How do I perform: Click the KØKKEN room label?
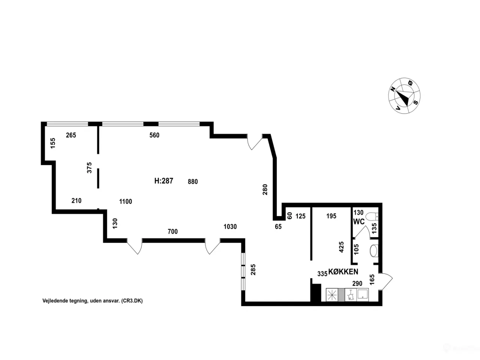(x=343, y=272)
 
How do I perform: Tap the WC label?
(x=359, y=222)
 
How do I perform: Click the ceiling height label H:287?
(x=163, y=181)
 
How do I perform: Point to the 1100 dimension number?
(x=126, y=201)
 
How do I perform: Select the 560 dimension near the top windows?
(x=154, y=135)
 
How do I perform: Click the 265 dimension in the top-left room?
(x=71, y=135)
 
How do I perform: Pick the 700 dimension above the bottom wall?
(x=172, y=231)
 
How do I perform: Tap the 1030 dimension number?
(x=230, y=226)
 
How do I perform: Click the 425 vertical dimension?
(x=341, y=247)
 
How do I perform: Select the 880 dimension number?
(x=193, y=181)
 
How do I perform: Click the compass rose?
(x=404, y=96)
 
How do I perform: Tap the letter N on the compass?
(x=393, y=89)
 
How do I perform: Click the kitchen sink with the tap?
(x=351, y=295)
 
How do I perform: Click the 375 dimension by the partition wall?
(x=89, y=168)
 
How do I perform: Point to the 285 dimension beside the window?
(x=253, y=270)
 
